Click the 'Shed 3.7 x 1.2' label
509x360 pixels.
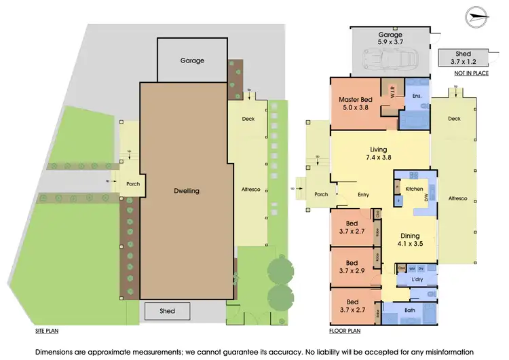[462, 58]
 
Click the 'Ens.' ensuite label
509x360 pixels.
[417, 96]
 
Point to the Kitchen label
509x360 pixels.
[414, 188]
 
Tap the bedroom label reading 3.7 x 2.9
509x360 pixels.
[352, 266]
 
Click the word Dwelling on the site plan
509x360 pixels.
[185, 191]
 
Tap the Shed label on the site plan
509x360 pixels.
[167, 311]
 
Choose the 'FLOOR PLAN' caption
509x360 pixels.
[345, 333]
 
